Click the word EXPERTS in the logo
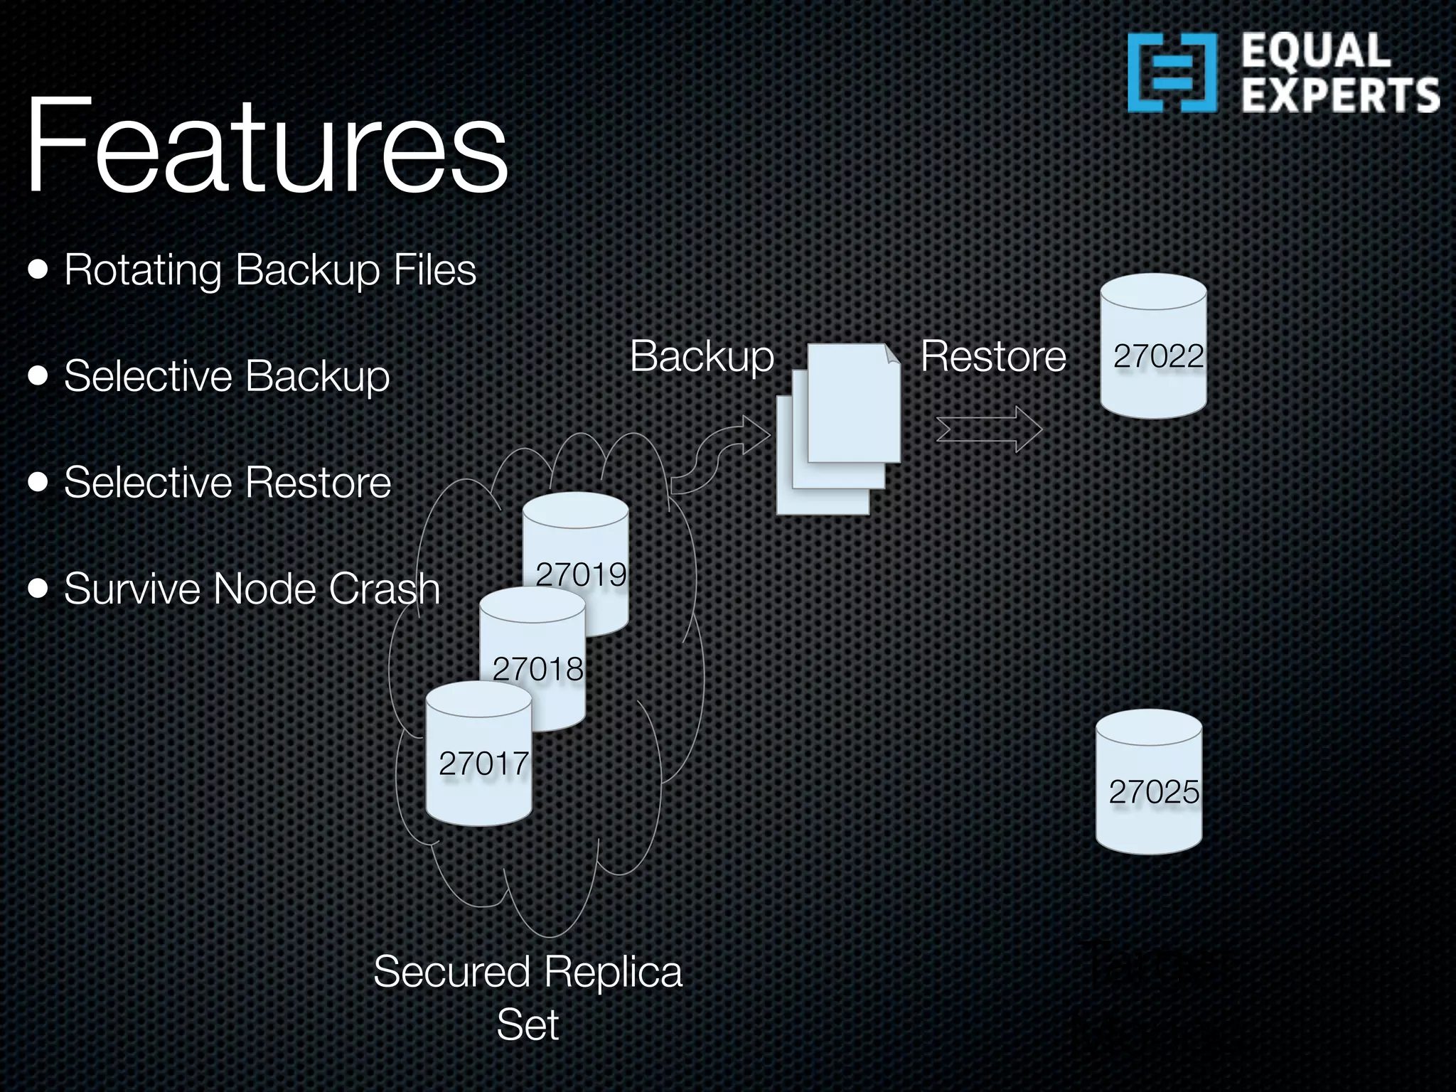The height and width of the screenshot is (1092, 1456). pos(1340,97)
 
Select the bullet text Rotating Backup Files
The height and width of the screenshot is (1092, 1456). pos(270,270)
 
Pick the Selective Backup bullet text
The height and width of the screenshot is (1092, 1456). pos(227,376)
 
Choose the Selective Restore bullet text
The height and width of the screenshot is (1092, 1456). pos(227,483)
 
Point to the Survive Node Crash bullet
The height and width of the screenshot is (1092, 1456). pos(252,589)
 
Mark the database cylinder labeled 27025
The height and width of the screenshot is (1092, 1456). pos(1149,782)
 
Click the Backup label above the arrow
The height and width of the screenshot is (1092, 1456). pos(702,356)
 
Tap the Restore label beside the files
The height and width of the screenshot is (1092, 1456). pos(993,356)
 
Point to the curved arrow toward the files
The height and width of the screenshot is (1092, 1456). pos(718,455)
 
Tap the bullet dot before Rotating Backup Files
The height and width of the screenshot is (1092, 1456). pos(38,271)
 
